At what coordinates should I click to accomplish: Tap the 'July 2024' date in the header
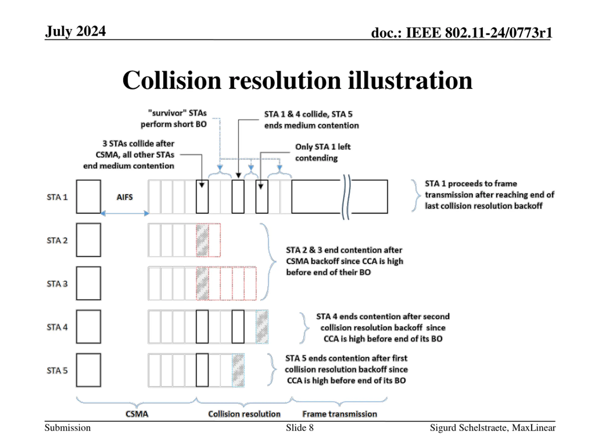75,31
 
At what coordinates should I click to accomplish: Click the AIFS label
125,197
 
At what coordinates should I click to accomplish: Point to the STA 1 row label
57,197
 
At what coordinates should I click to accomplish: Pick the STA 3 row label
57,284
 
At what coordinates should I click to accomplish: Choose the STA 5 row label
57,371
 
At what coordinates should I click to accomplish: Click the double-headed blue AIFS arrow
125,214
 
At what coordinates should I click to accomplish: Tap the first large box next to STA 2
89,240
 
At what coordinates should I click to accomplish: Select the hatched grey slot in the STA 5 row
238,371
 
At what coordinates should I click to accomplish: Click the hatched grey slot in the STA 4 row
262,327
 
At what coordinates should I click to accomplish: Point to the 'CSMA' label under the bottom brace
137,414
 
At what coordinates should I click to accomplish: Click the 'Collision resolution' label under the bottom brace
244,414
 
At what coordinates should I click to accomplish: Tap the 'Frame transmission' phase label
340,414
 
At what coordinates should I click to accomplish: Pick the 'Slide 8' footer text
300,428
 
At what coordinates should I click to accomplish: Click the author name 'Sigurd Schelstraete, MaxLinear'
493,428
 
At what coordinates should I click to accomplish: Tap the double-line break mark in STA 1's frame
346,197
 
